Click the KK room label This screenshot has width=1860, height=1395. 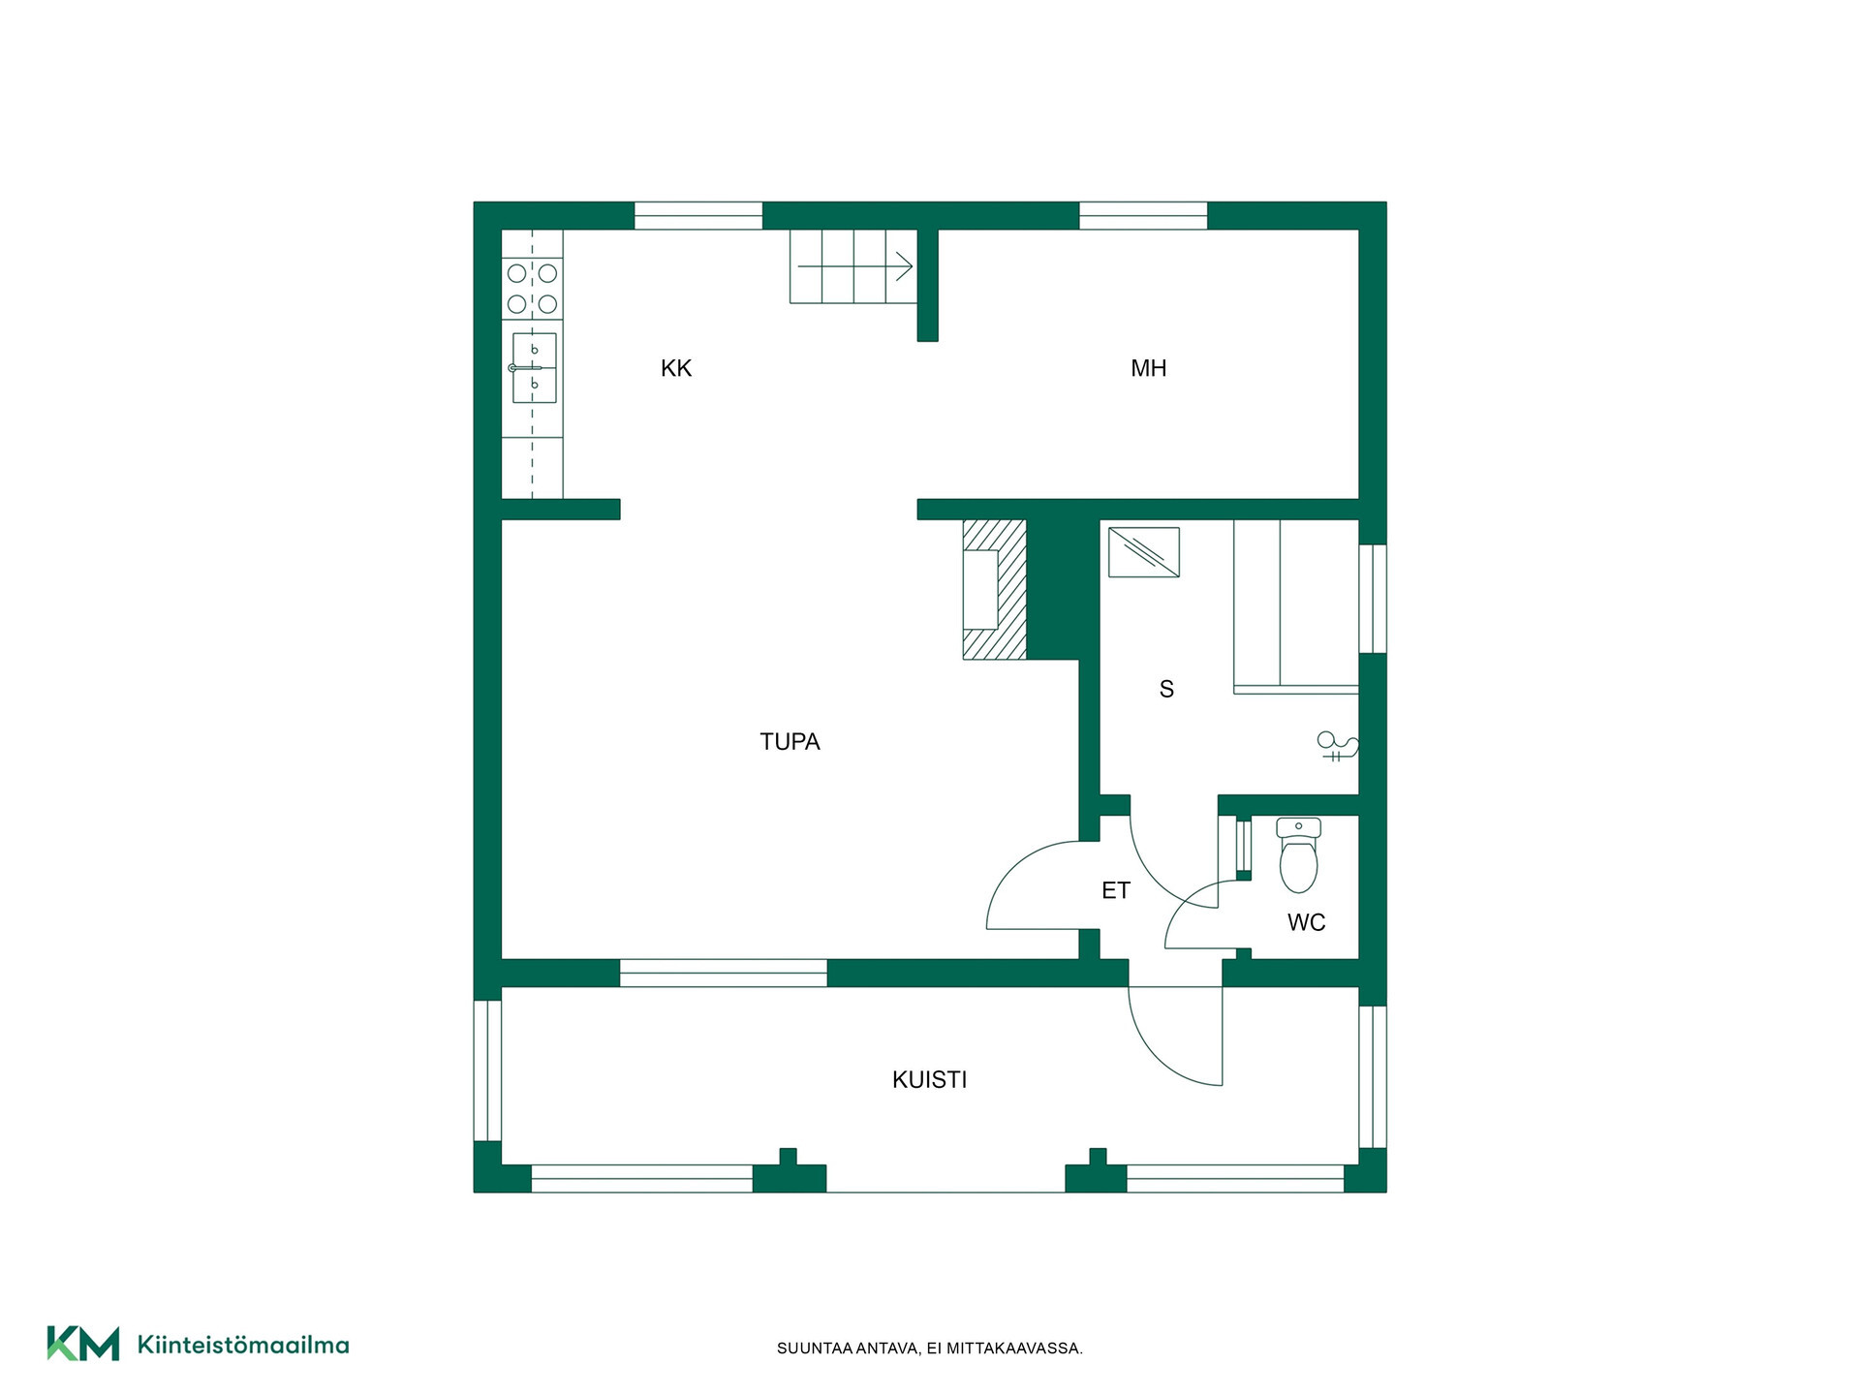pos(676,368)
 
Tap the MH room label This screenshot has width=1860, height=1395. pos(1149,368)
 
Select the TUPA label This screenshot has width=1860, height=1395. pos(790,742)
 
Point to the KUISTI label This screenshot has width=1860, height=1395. pos(930,1080)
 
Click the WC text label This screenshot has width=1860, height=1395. pos(1306,923)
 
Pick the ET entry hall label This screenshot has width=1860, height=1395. pos(1116,890)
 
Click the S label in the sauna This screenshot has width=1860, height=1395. pos(1166,690)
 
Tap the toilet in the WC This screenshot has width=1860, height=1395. pos(1298,855)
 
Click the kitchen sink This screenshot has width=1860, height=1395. pos(534,368)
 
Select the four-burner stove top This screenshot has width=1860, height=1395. pos(532,289)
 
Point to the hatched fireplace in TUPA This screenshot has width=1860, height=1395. pos(994,589)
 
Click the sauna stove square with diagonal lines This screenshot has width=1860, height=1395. pos(1144,552)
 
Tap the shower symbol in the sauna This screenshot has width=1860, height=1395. pos(1338,746)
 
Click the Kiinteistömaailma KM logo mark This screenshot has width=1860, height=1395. pos(83,1344)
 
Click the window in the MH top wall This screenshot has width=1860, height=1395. pos(1143,215)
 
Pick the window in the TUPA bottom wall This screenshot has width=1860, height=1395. pos(724,973)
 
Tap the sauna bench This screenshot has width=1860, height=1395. pos(1296,606)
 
